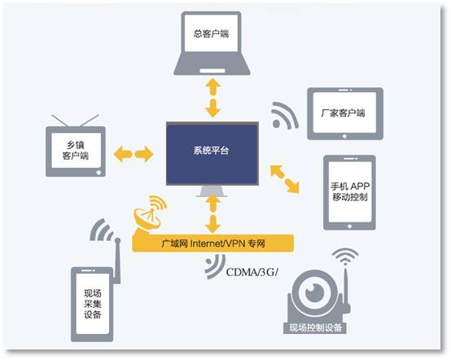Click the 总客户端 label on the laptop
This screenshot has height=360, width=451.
[211, 33]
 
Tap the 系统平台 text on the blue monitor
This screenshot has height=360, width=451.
[212, 150]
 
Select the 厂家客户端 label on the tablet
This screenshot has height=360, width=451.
[344, 113]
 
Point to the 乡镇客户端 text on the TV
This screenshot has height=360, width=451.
[76, 150]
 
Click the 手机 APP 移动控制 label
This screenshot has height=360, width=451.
[350, 191]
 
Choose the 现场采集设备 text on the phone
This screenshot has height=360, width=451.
[93, 304]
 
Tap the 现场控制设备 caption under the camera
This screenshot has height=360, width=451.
[316, 327]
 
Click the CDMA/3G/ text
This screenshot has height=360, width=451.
[252, 272]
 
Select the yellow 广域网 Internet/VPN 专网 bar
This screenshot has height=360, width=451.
[213, 244]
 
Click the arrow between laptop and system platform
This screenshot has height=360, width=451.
[213, 97]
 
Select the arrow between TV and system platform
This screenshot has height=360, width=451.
[134, 154]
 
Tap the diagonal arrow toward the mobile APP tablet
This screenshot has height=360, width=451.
[285, 178]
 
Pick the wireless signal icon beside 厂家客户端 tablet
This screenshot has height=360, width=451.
[285, 115]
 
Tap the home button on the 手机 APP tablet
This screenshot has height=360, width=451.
[349, 226]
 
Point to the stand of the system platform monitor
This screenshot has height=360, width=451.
[212, 191]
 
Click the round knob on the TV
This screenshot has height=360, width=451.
[99, 173]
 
